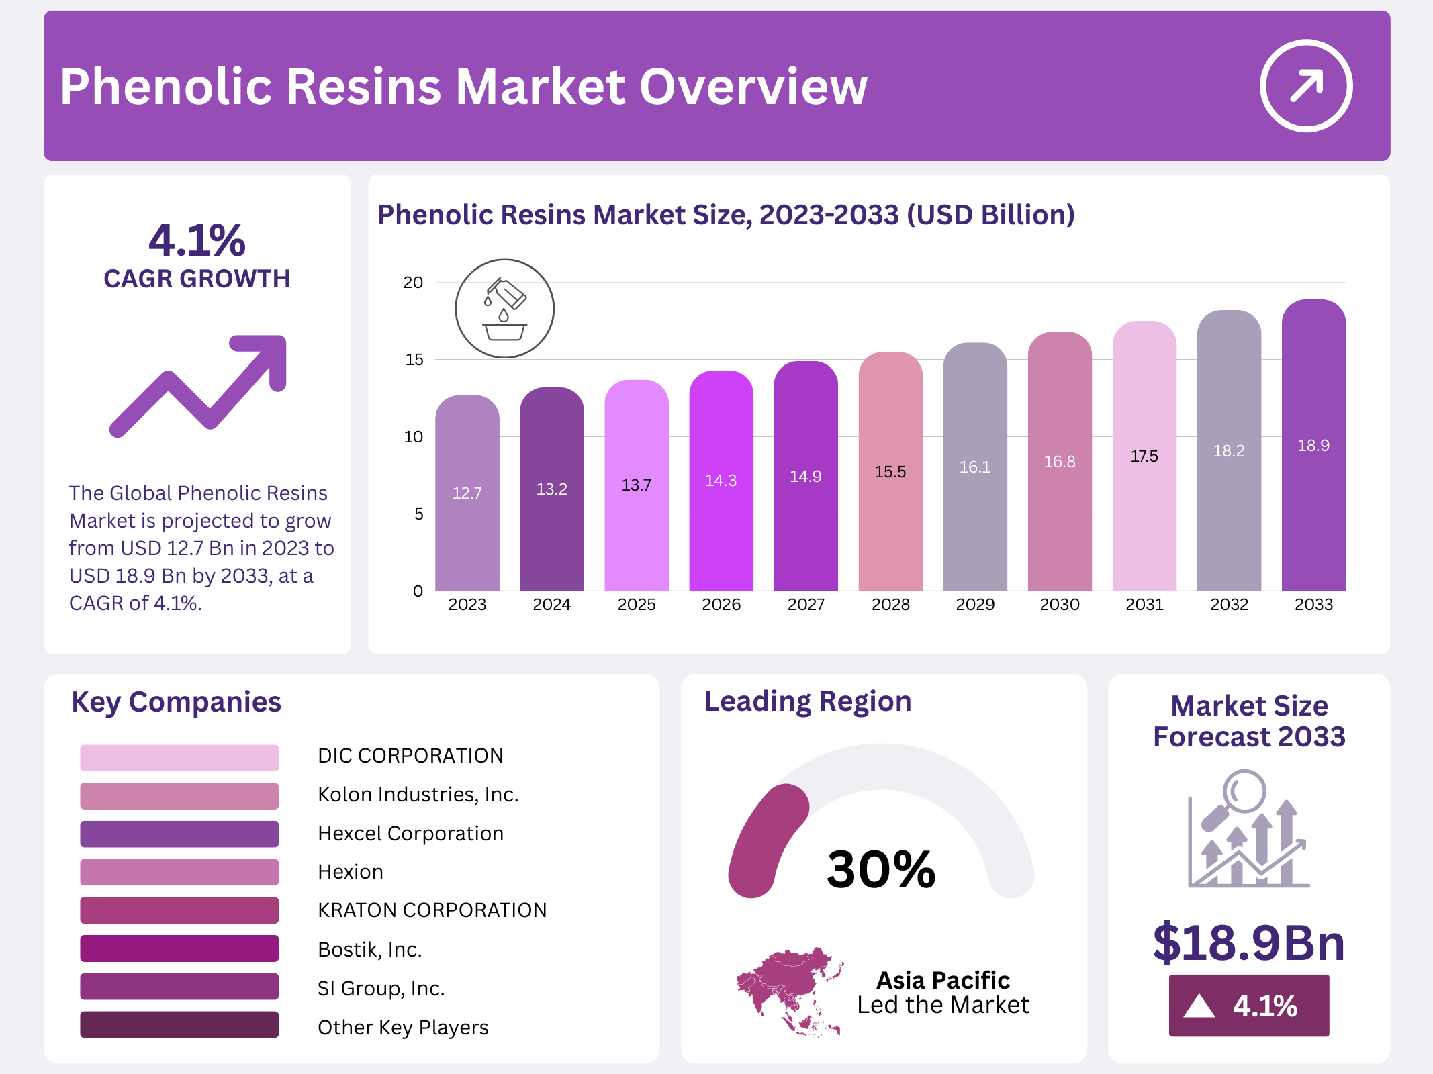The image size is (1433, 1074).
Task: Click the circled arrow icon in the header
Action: [x=1305, y=86]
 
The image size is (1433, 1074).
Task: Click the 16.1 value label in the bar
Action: [x=975, y=467]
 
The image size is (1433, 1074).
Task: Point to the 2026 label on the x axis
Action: [x=721, y=605]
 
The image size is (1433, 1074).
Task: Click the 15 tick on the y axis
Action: [x=414, y=360]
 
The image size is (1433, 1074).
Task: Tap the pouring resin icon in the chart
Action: [x=504, y=309]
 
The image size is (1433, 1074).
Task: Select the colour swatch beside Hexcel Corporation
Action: [x=179, y=834]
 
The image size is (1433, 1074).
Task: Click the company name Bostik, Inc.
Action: [x=369, y=949]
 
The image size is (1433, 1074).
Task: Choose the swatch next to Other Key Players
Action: [x=179, y=1025]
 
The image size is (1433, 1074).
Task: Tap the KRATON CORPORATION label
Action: [x=432, y=910]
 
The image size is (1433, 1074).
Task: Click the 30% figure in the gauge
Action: [x=881, y=869]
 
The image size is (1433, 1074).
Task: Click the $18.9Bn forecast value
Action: [x=1248, y=942]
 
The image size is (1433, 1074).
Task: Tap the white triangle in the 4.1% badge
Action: [x=1199, y=1006]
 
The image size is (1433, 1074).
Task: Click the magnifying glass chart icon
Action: [x=1248, y=829]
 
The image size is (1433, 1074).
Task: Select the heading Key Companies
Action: [x=176, y=702]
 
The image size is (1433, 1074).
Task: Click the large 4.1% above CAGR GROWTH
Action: [x=197, y=240]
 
